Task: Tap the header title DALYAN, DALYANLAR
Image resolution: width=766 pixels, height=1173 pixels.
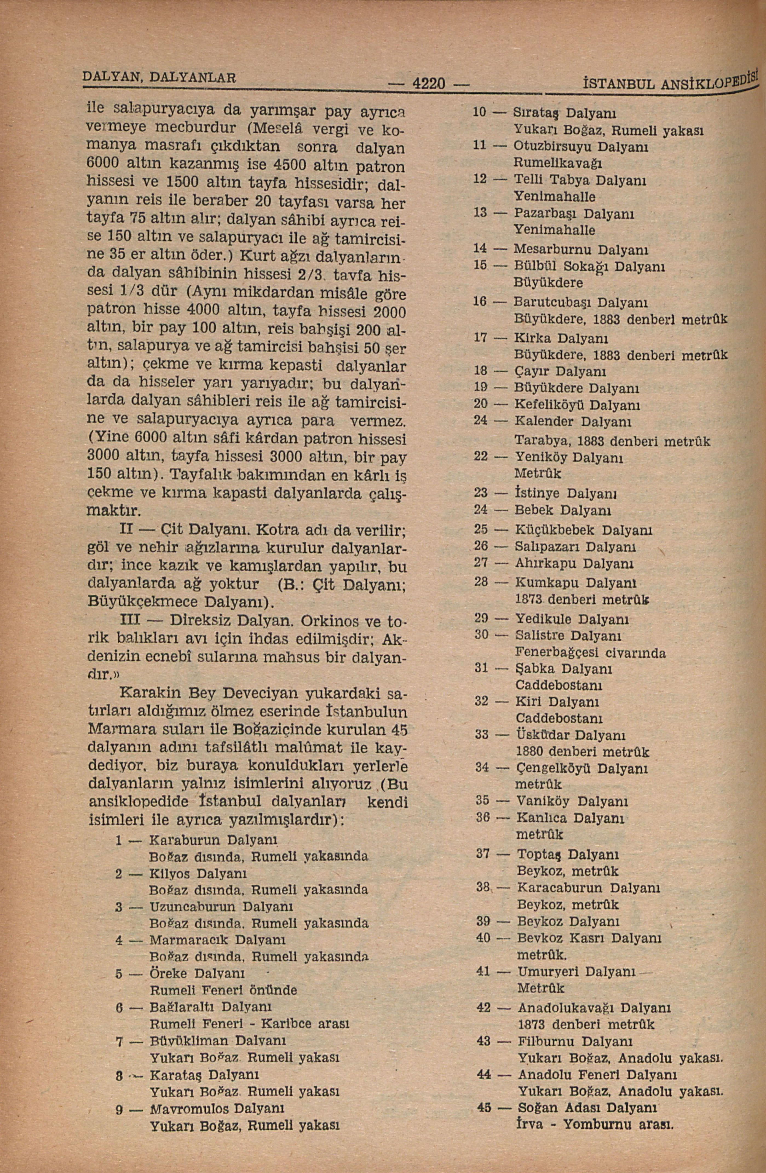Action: pos(159,76)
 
